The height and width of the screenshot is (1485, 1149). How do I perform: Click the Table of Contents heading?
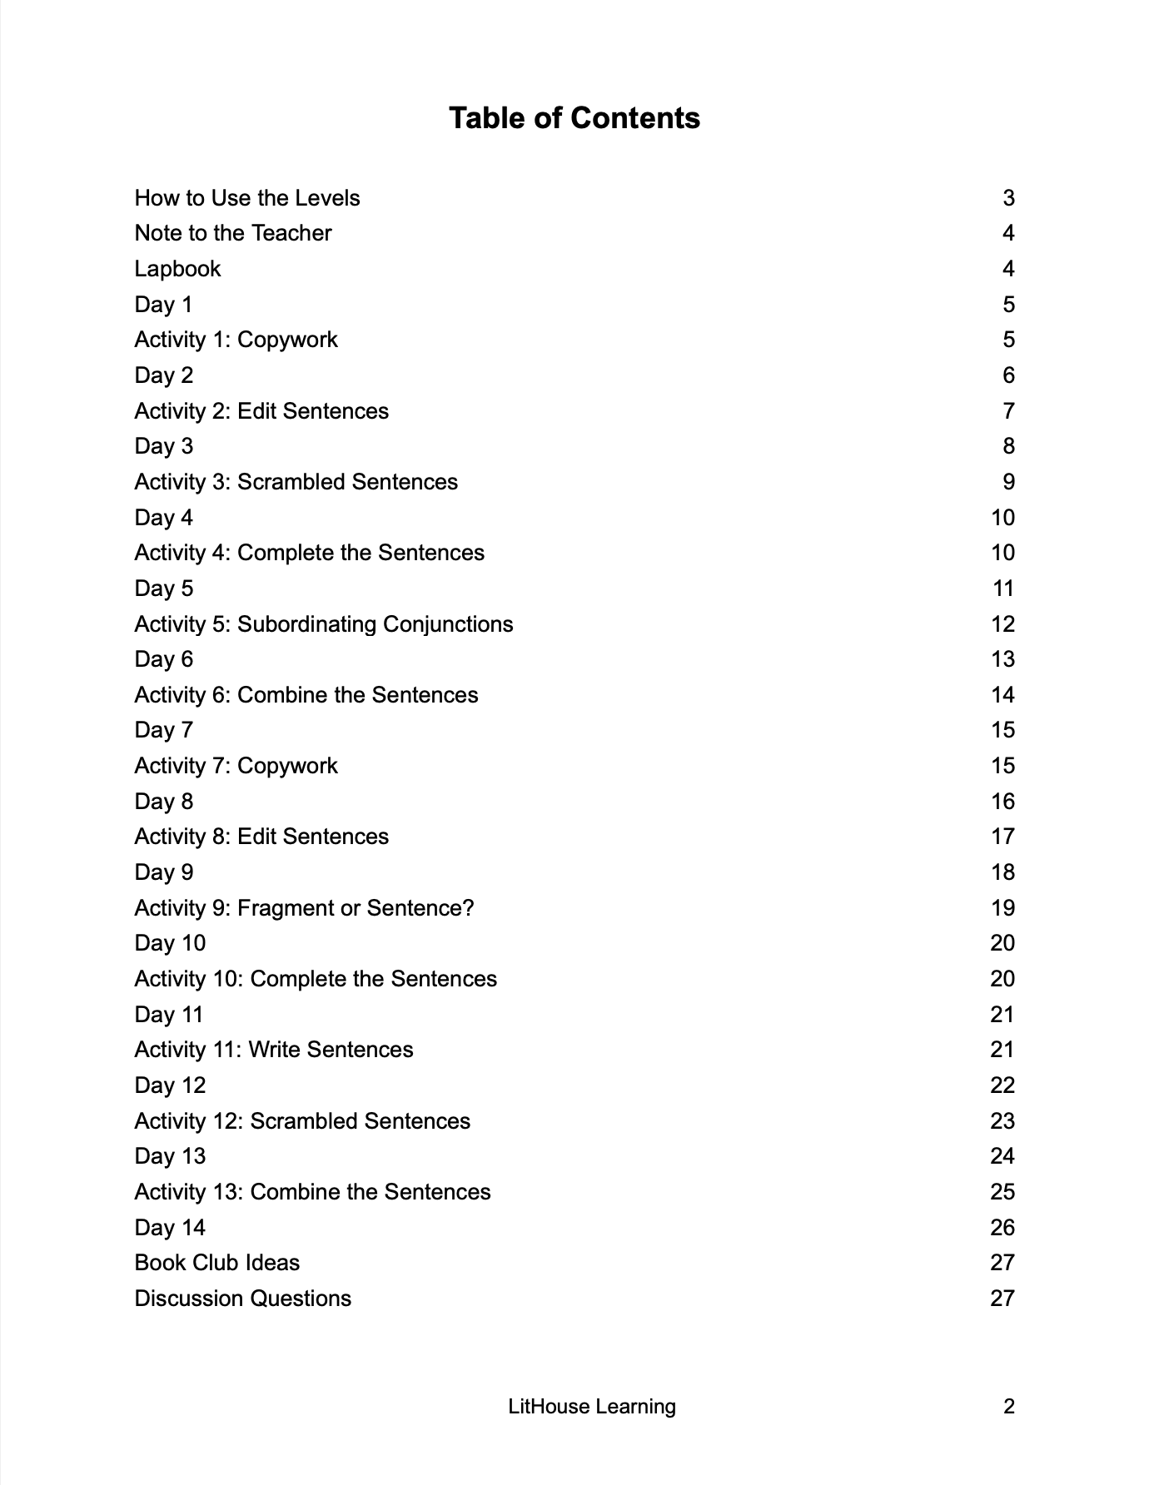point(574,118)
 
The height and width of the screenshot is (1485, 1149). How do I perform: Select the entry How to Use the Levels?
point(247,198)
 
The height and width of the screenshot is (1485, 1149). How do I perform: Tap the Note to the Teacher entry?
point(233,233)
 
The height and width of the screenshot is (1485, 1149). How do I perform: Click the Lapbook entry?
point(177,269)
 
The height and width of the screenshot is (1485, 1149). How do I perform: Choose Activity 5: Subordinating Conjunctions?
point(324,624)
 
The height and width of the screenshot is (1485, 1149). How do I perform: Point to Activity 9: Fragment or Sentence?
point(304,908)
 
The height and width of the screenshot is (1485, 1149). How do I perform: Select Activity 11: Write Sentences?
point(274,1050)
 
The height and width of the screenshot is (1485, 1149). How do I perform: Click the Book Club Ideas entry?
point(217,1263)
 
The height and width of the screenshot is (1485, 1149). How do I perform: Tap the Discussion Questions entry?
point(243,1299)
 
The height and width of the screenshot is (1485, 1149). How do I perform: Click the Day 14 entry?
point(170,1228)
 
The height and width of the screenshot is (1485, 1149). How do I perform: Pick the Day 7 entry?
point(164,730)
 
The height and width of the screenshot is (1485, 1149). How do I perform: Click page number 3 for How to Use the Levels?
point(1008,198)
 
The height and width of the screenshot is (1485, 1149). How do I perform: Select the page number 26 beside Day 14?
point(1002,1228)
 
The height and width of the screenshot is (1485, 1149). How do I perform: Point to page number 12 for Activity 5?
point(1002,624)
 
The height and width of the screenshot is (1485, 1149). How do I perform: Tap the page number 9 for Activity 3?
point(1008,482)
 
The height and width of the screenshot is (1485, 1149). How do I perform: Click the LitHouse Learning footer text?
point(592,1407)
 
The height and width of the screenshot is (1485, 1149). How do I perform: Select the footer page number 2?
point(1009,1407)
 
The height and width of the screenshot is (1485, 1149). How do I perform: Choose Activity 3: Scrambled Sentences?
point(296,482)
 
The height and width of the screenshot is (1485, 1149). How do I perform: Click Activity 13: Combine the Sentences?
point(312,1192)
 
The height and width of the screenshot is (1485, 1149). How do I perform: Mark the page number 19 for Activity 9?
point(1002,908)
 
